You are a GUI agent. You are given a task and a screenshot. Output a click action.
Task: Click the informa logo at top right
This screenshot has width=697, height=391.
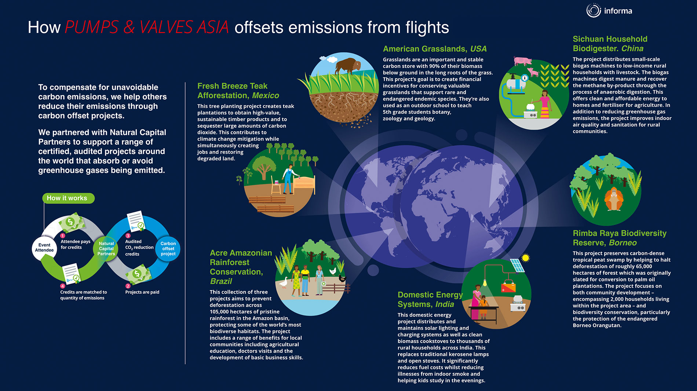tap(609, 11)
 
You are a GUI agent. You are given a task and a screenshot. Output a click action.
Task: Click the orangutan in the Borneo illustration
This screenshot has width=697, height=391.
tap(614, 199)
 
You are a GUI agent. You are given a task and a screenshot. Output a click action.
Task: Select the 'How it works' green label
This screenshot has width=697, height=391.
tap(68, 198)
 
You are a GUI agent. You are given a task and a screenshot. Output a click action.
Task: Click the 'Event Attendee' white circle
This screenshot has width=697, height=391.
tap(44, 248)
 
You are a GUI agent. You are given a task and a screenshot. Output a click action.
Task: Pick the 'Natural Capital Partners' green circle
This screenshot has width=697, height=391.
tap(106, 249)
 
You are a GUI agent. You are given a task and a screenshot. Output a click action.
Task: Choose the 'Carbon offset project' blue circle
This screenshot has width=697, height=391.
tap(168, 249)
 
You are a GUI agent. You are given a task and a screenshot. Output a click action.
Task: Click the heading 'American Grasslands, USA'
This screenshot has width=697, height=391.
tap(435, 49)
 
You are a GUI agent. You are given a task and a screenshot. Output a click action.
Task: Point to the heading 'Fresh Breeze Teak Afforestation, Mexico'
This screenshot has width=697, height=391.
tap(238, 91)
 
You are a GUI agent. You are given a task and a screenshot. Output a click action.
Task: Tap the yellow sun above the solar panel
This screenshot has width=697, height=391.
tap(526, 258)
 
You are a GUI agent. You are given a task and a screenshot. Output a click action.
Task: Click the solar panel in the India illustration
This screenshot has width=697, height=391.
tap(517, 266)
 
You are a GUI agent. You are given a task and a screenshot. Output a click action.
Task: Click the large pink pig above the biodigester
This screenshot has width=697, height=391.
tap(523, 61)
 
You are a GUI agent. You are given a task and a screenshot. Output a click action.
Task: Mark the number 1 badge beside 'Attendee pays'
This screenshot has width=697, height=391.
tap(63, 235)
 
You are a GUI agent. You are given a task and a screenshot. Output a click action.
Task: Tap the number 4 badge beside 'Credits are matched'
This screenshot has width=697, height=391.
tap(63, 286)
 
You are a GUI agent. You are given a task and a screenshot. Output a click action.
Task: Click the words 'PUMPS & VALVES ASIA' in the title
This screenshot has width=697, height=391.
tap(147, 27)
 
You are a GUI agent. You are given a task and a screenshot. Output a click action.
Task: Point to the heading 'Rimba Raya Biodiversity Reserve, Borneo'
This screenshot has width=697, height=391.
tap(620, 238)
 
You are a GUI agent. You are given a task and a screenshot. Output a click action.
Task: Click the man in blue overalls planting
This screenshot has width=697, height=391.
tap(288, 179)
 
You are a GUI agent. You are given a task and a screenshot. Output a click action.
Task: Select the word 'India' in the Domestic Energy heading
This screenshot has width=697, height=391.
tap(445, 304)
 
